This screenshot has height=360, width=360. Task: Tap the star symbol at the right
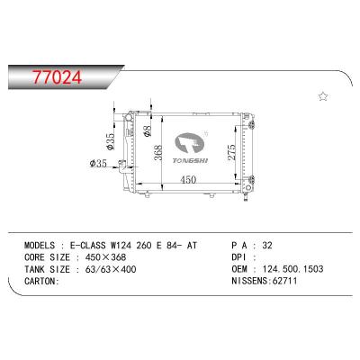(x=323, y=95)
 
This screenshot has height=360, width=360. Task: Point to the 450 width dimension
(x=187, y=180)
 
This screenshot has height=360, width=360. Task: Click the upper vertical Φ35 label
(x=110, y=142)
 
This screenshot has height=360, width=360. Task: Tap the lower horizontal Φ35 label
(x=100, y=163)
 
